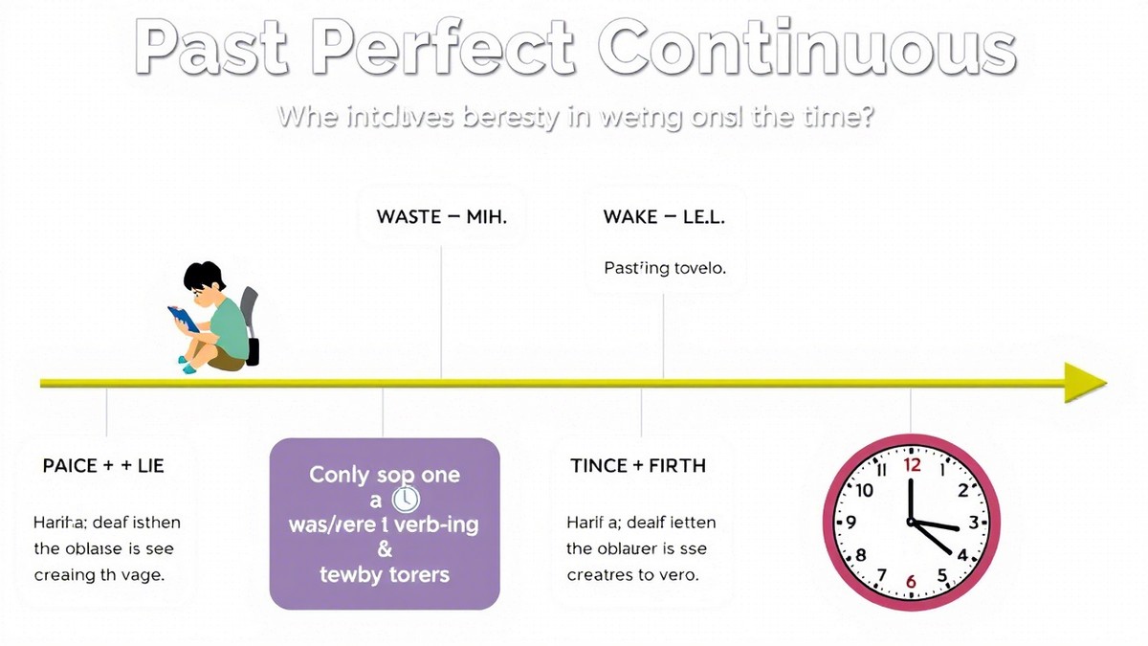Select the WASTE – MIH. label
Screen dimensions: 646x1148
441,216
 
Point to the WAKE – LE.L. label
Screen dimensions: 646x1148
664,216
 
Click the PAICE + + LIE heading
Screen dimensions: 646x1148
103,466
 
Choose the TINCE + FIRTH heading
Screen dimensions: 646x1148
637,466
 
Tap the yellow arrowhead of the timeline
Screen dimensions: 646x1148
1086,383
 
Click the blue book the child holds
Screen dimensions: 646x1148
184,318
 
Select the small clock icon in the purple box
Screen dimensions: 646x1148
406,500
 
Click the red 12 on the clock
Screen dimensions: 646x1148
912,465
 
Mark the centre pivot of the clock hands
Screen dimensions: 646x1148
912,523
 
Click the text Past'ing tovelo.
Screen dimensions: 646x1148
664,269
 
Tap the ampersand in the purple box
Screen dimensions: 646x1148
384,549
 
